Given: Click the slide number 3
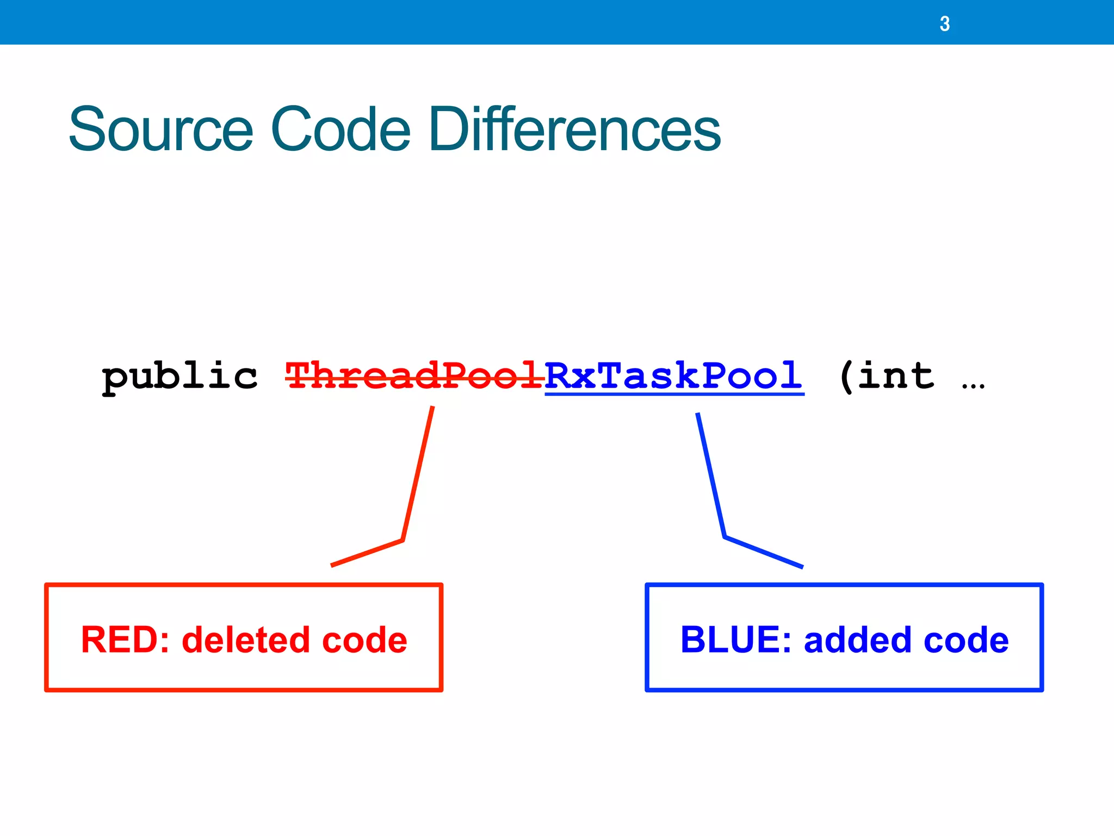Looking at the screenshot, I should pyautogui.click(x=944, y=24).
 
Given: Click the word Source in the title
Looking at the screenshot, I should pyautogui.click(x=161, y=130).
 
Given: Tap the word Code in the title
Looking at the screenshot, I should pyautogui.click(x=340, y=130).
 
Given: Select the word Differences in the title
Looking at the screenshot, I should pyautogui.click(x=574, y=130).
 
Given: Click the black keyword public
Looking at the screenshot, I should pyautogui.click(x=180, y=377).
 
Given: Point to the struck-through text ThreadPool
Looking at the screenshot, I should pyautogui.click(x=414, y=376).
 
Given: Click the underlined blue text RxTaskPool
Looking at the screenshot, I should pyautogui.click(x=673, y=376).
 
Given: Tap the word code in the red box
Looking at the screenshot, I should pyautogui.click(x=364, y=640).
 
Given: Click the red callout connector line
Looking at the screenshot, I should pyautogui.click(x=418, y=474).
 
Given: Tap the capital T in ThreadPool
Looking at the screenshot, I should pyautogui.click(x=300, y=376).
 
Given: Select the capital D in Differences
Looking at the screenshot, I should pyautogui.click(x=447, y=130).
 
